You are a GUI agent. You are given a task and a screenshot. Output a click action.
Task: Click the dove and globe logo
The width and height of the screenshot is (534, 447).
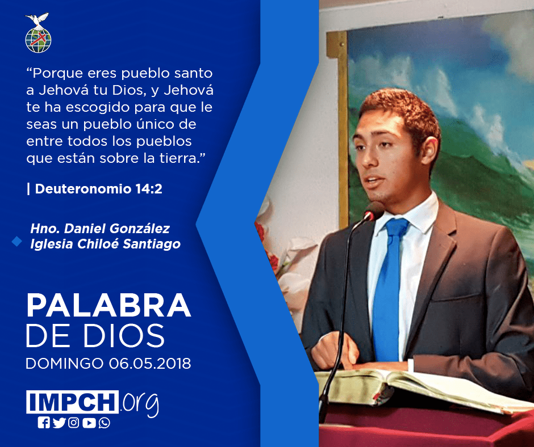tap(38, 33)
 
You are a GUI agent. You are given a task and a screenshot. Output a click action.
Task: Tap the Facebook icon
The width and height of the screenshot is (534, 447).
tap(44, 423)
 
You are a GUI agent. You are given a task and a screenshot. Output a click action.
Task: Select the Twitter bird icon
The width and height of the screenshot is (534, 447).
tap(59, 423)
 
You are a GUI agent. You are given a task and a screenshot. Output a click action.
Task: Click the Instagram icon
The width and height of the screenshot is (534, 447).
tap(73, 423)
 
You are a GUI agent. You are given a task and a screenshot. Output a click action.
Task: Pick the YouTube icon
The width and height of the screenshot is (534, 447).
tap(89, 423)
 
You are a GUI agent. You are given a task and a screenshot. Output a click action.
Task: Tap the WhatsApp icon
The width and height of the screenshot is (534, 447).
tap(104, 423)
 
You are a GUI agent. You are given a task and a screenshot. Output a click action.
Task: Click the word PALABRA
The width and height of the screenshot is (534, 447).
tap(109, 305)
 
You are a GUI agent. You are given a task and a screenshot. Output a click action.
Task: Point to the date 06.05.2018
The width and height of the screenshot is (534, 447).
tap(150, 364)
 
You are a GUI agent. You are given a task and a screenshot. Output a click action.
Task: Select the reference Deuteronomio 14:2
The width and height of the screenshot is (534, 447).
tap(98, 189)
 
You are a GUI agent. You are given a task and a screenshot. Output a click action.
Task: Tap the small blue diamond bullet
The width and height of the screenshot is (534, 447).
tap(16, 241)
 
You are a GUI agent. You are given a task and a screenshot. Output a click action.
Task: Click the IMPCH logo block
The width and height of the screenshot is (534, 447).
tap(72, 402)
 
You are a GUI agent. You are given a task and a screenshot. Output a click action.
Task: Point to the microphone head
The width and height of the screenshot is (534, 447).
tap(373, 211)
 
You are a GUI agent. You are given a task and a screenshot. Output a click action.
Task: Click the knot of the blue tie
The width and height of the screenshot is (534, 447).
tap(397, 227)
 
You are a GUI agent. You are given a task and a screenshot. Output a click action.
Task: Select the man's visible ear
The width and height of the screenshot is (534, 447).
tap(429, 151)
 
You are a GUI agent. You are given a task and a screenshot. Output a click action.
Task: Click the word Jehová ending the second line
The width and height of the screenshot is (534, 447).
tap(189, 90)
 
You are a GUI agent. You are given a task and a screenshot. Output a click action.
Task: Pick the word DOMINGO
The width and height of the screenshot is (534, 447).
tap(64, 364)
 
